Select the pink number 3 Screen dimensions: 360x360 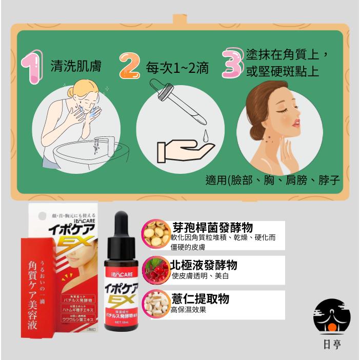coord(232,63)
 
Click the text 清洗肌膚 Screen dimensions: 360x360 coord(75,67)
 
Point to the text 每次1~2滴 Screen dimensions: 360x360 coord(177,67)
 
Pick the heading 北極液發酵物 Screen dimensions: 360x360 coord(204,265)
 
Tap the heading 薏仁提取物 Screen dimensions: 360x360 coord(200,299)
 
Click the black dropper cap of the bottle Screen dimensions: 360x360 coord(121,228)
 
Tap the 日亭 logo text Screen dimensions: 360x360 coord(333,344)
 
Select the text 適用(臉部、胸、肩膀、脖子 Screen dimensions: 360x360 coord(272,181)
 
